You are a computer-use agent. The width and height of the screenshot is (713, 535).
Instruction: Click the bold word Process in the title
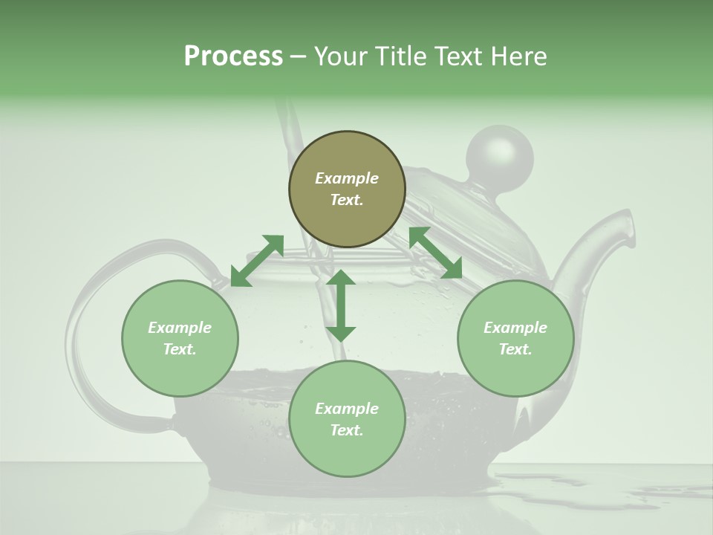pos(233,56)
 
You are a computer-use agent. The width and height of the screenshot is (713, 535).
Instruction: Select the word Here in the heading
pos(518,56)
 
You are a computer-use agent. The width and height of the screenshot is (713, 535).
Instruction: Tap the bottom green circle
pos(347,419)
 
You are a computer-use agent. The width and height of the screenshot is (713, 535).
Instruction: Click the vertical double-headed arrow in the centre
pos(341,305)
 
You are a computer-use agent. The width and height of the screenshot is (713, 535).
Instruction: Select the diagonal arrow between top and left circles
pos(257,260)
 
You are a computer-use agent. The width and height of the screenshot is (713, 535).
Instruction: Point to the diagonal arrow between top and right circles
pos(435,253)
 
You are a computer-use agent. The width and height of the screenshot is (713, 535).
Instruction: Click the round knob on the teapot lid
pos(499,155)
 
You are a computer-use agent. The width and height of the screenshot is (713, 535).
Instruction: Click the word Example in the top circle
pos(347,178)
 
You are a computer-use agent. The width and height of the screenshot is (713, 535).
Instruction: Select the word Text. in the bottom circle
pos(347,430)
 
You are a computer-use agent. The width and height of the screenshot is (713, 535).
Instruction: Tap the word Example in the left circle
pos(180,328)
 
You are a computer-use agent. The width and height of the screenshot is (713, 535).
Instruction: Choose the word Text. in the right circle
pos(515,349)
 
